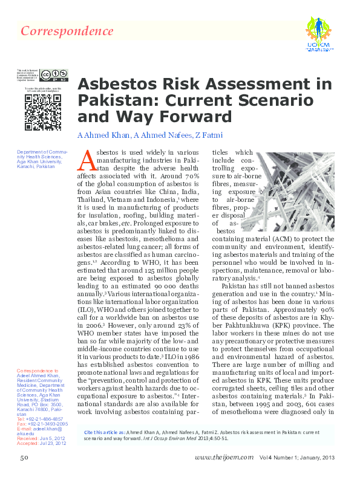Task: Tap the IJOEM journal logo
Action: [317, 35]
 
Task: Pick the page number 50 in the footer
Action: [25, 458]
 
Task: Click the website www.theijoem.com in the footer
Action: [224, 458]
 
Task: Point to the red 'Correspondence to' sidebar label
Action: [38, 370]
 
